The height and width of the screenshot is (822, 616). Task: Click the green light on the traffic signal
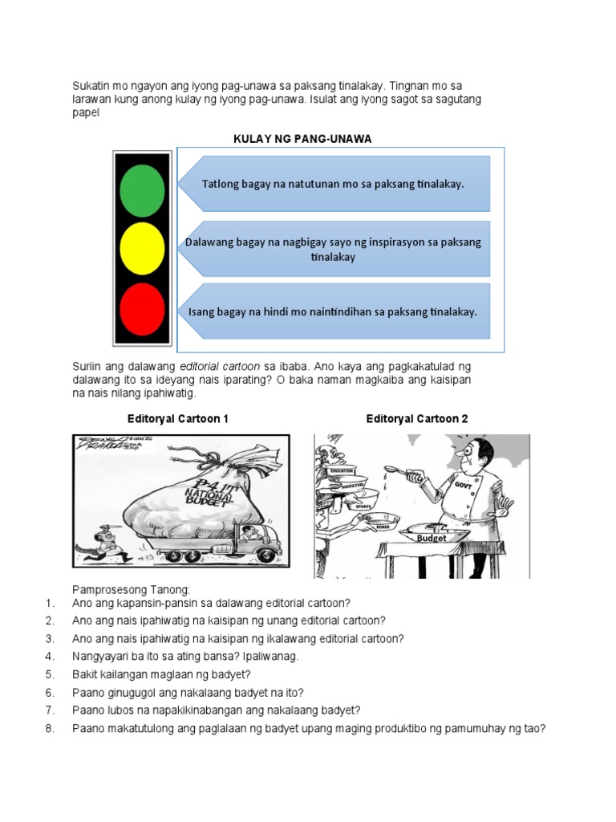pos(142,189)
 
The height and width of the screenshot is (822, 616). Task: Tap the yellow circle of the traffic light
pos(142,249)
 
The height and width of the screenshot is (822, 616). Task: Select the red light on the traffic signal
pos(142,308)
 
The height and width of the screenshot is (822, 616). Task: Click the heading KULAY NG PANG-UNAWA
pos(302,139)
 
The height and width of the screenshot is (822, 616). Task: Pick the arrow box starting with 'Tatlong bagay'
pos(334,184)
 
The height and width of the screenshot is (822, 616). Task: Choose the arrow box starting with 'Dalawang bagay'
pos(334,250)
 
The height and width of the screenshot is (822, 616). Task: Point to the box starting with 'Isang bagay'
pos(334,311)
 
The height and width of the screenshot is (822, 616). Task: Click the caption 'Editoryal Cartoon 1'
pos(178,418)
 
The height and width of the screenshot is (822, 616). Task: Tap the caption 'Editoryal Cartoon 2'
pos(417,418)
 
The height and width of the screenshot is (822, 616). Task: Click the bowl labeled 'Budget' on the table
pos(431,534)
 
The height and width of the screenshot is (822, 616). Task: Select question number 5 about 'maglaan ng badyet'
pos(161,673)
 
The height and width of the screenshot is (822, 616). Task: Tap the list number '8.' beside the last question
pos(50,728)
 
